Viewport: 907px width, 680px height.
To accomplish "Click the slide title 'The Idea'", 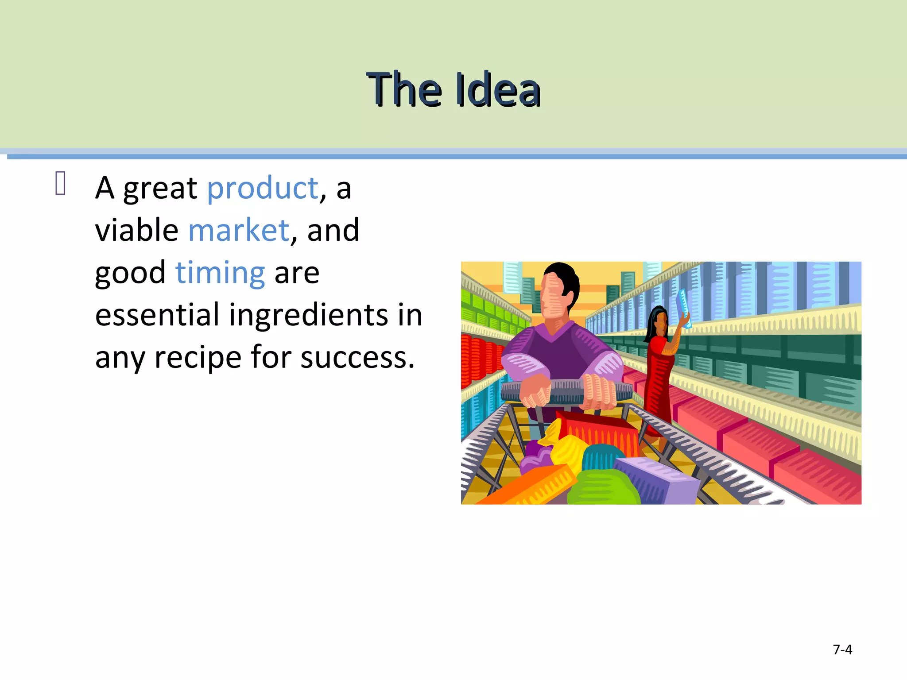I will pyautogui.click(x=453, y=90).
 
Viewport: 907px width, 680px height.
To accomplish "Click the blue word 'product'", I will pyautogui.click(x=263, y=188).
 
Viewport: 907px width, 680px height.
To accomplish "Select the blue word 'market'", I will pyautogui.click(x=239, y=230).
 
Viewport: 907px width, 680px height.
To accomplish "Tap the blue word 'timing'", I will pyautogui.click(x=220, y=273).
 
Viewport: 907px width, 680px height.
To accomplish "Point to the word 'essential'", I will pyautogui.click(x=157, y=315).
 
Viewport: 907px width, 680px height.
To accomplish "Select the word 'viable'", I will pyautogui.click(x=136, y=230).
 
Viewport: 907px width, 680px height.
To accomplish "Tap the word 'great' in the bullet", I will pyautogui.click(x=160, y=188).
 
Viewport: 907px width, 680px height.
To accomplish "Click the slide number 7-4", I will pyautogui.click(x=842, y=649).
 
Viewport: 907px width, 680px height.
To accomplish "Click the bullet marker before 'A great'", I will pyautogui.click(x=61, y=183).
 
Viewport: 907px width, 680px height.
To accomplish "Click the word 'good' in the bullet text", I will pyautogui.click(x=130, y=273).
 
